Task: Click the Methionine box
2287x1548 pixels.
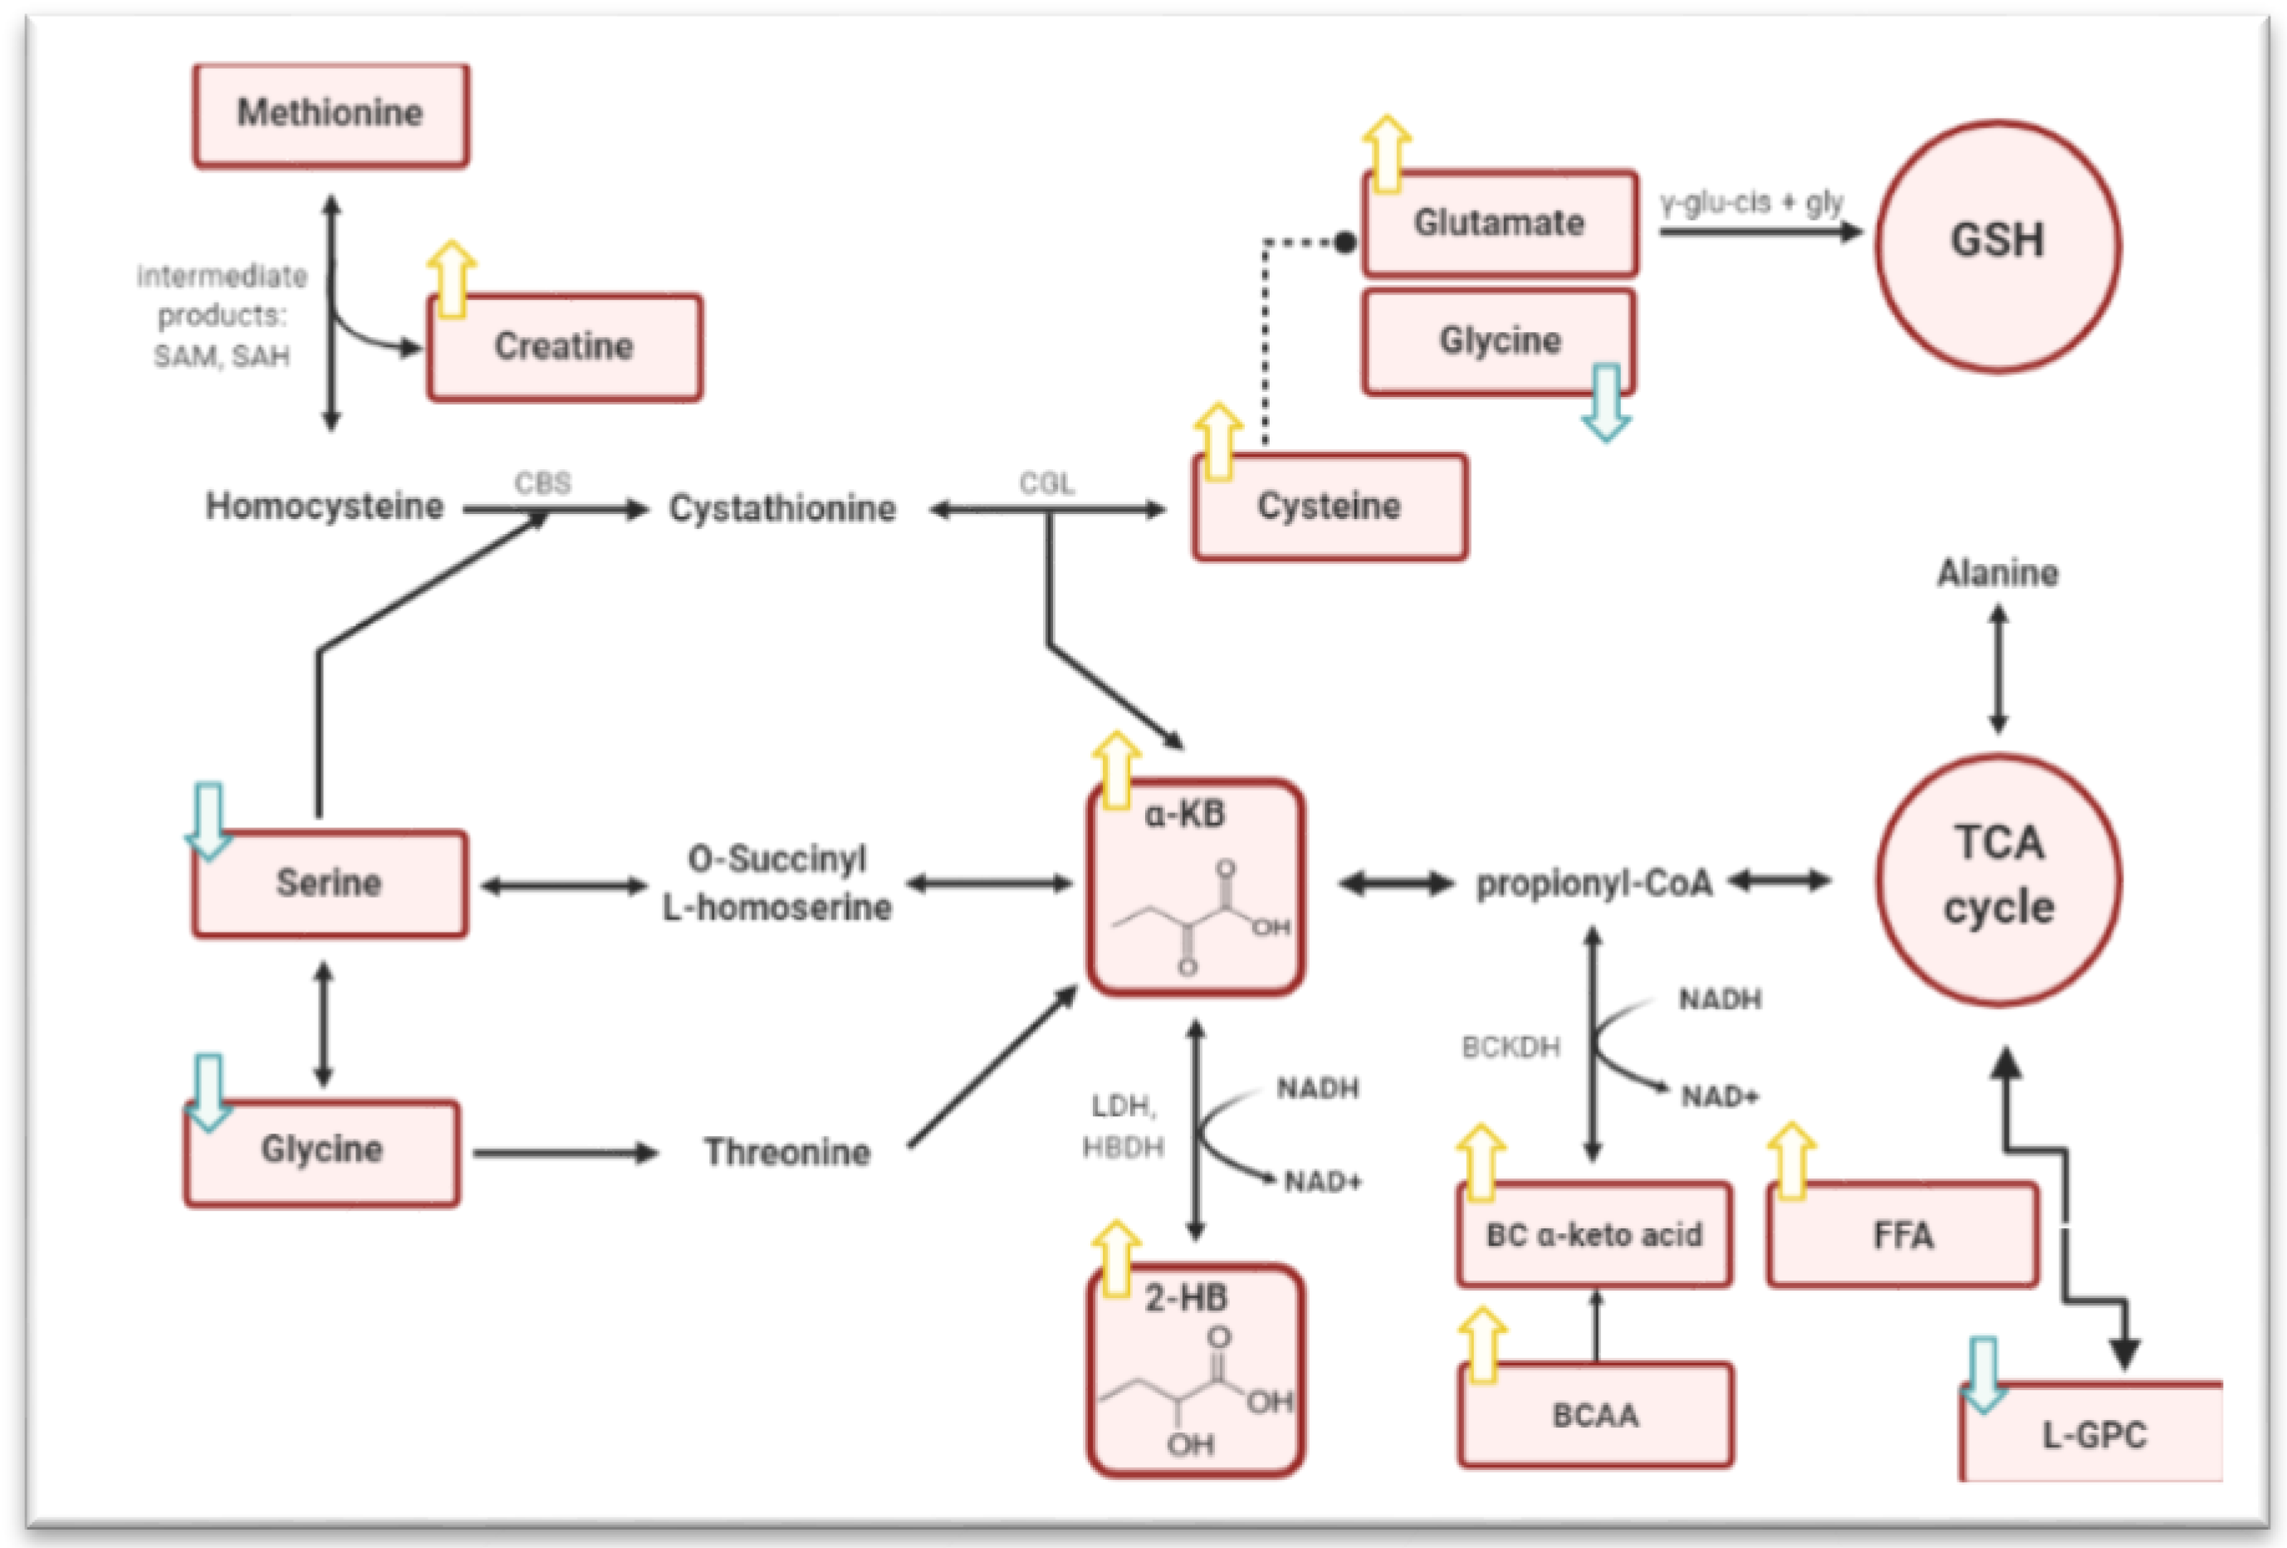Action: tap(330, 114)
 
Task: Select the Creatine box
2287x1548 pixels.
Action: tap(564, 346)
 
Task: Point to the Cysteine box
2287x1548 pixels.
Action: tap(1330, 507)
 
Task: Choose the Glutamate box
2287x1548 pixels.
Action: tap(1499, 223)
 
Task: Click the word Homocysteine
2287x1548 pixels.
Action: tap(324, 507)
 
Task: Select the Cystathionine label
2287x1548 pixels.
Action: tap(782, 509)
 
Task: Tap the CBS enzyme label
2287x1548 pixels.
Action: tap(542, 483)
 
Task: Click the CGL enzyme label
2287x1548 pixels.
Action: tap(1046, 483)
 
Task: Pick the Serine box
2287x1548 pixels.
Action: tap(329, 883)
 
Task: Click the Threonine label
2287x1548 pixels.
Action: tap(786, 1151)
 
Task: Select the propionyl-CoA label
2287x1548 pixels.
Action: tap(1594, 884)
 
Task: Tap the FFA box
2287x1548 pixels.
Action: tap(1903, 1235)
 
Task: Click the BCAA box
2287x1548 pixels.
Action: tap(1595, 1415)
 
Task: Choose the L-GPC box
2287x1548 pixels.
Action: tap(2094, 1435)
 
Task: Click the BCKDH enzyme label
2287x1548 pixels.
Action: tap(1511, 1047)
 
